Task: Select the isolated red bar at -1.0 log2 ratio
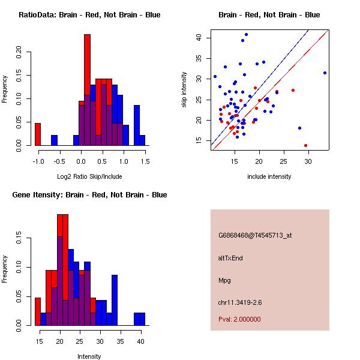coord(38,134)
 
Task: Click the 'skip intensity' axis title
coord(185,90)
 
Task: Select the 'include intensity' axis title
coord(269,176)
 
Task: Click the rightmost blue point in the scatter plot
coord(325,73)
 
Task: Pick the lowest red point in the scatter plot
coord(305,145)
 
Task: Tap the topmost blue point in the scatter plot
coord(246,34)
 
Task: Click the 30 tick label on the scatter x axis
coord(308,161)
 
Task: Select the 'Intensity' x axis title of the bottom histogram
coord(89,356)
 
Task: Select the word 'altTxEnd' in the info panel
coord(230,257)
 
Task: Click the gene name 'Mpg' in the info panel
coord(224,280)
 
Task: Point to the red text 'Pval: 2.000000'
coord(239,319)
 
